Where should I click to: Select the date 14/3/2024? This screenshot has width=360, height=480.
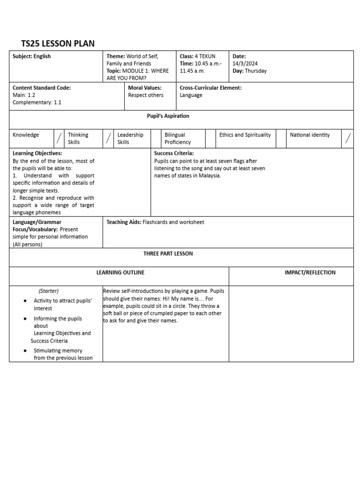[245, 64]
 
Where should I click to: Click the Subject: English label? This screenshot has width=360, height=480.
[32, 56]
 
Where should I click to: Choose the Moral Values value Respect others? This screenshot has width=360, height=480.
[146, 95]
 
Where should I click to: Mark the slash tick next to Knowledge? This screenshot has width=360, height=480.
[59, 138]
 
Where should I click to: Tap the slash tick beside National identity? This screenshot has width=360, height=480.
[347, 138]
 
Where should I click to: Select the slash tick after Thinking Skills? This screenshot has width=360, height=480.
[108, 138]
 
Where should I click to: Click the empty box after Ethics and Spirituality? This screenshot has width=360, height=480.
[281, 138]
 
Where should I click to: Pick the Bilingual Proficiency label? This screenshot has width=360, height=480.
[178, 138]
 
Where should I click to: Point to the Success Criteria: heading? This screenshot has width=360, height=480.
[174, 153]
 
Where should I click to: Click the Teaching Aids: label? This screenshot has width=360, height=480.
[123, 222]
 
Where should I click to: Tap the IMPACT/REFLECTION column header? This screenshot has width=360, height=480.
[310, 273]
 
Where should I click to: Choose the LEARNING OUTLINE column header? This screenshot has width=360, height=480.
[120, 273]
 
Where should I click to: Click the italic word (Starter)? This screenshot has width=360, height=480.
[49, 291]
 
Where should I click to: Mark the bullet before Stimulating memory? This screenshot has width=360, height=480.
[24, 351]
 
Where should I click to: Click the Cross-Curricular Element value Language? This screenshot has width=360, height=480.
[191, 95]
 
